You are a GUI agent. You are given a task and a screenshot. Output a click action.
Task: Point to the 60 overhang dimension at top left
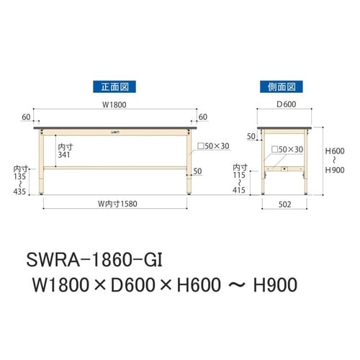(26, 116)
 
